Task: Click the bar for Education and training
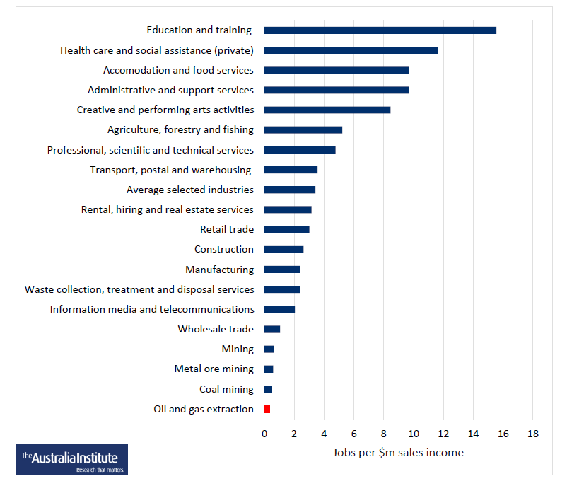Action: tap(380, 30)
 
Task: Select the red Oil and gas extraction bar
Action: tap(267, 410)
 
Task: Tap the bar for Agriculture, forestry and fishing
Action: tap(303, 130)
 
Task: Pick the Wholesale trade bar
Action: tap(272, 330)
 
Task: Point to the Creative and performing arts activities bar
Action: tap(327, 110)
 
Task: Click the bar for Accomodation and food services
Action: tap(337, 70)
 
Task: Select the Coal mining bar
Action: tap(268, 389)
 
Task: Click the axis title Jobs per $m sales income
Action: tap(398, 453)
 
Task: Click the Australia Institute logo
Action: tap(71, 459)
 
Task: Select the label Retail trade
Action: tap(227, 229)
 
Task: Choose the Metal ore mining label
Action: tap(214, 369)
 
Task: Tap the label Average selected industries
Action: tap(189, 190)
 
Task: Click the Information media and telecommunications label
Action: tap(152, 309)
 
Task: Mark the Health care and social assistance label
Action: tap(157, 50)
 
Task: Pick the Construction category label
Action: tap(223, 249)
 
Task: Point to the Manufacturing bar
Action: tap(282, 270)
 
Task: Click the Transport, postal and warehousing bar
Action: tap(291, 170)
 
